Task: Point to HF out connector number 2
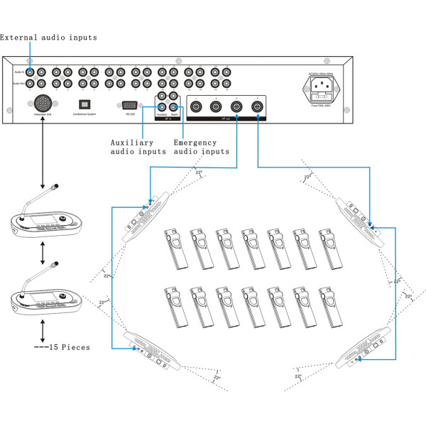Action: pyautogui.click(x=216, y=107)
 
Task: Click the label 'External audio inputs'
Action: pyautogui.click(x=48, y=37)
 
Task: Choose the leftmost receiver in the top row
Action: pyautogui.click(x=175, y=248)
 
